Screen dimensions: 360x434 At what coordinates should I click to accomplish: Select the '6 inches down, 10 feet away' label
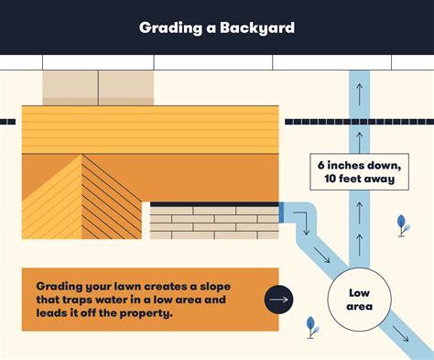pos(357,171)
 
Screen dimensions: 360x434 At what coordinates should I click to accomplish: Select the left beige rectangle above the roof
pos(71,88)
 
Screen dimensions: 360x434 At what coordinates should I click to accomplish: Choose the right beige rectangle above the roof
pos(126,88)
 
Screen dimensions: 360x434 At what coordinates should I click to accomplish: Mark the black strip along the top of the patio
pos(214,203)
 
